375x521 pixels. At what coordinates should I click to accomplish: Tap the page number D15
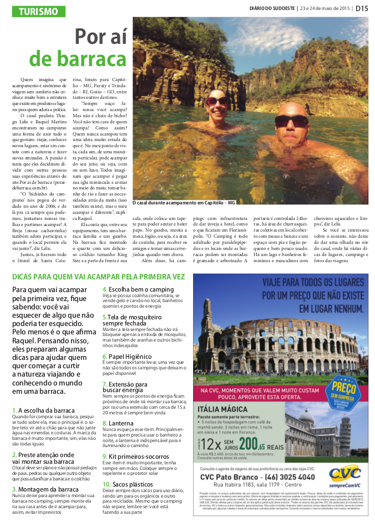point(362,8)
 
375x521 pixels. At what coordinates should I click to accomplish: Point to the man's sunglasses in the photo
point(291,122)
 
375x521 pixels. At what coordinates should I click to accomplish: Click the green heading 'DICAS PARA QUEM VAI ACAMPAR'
point(99,277)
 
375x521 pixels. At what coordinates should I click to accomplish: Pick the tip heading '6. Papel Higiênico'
point(131,357)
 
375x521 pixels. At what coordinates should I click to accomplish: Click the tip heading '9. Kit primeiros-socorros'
point(138,457)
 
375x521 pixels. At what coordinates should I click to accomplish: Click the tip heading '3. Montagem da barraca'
point(45,489)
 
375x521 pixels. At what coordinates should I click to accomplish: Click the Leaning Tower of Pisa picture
point(348,432)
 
